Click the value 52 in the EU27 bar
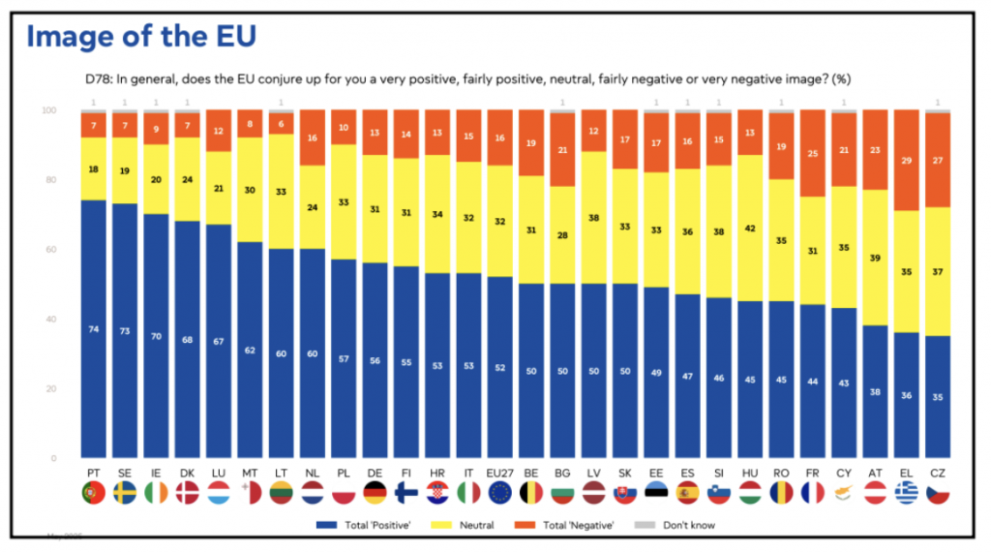pyautogui.click(x=500, y=367)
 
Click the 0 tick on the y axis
pyautogui.click(x=53, y=458)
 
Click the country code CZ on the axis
pyautogui.click(x=938, y=473)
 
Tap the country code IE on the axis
pyautogui.click(x=156, y=473)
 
